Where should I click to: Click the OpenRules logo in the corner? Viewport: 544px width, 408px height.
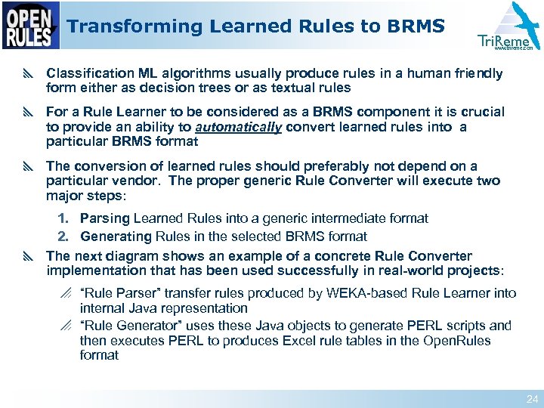30,26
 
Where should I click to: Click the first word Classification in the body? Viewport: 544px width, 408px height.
90,74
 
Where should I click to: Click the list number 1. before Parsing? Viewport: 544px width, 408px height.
66,218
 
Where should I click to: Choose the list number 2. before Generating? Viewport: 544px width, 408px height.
66,236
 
